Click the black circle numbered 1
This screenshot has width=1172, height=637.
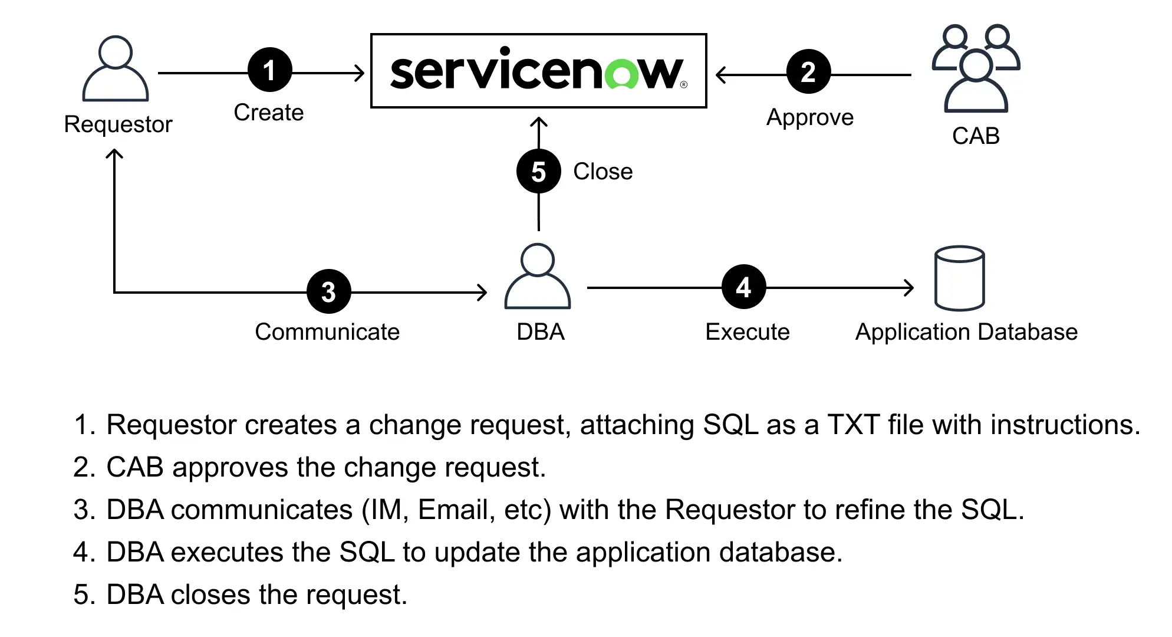[270, 70]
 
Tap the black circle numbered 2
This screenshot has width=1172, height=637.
[808, 72]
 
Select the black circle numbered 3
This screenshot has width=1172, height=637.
[328, 291]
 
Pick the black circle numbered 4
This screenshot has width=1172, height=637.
[743, 287]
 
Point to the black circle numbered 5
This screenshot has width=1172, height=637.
[538, 172]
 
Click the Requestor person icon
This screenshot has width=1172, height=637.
[116, 69]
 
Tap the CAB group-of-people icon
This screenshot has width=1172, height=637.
[976, 69]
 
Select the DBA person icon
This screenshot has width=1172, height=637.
[538, 277]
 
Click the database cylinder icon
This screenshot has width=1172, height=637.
[959, 278]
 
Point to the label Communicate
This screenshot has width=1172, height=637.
[327, 332]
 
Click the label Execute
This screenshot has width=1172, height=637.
[747, 332]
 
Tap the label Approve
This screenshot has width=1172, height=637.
[809, 117]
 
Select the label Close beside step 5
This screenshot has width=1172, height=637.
[603, 172]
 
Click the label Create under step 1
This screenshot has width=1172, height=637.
[269, 113]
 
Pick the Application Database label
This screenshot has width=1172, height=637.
[966, 332]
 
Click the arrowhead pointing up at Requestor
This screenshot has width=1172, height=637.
[114, 154]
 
